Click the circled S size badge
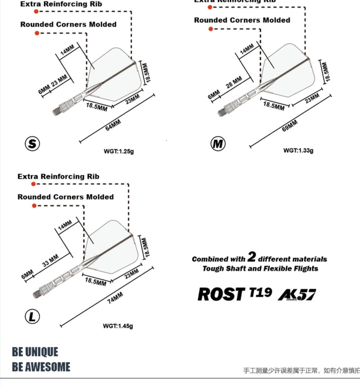pyautogui.click(x=32, y=144)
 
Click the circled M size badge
pyautogui.click(x=218, y=144)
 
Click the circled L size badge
pyautogui.click(x=32, y=316)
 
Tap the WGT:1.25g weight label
pyautogui.click(x=119, y=151)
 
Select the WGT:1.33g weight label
pyautogui.click(x=298, y=150)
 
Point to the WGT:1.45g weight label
pyautogui.click(x=118, y=326)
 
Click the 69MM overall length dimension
pyautogui.click(x=289, y=126)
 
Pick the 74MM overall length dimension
pyautogui.click(x=115, y=298)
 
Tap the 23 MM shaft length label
pyautogui.click(x=59, y=80)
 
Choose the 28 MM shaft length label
pyautogui.click(x=234, y=82)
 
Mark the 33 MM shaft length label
pyautogui.click(x=50, y=260)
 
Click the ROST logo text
pyautogui.click(x=221, y=294)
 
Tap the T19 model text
pyautogui.click(x=260, y=293)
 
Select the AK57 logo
pyautogui.click(x=297, y=295)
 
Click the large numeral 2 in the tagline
pyautogui.click(x=251, y=257)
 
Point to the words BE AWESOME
pyautogui.click(x=41, y=367)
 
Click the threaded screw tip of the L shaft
pyautogui.click(x=36, y=294)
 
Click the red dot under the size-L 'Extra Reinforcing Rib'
pyautogui.click(x=33, y=184)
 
